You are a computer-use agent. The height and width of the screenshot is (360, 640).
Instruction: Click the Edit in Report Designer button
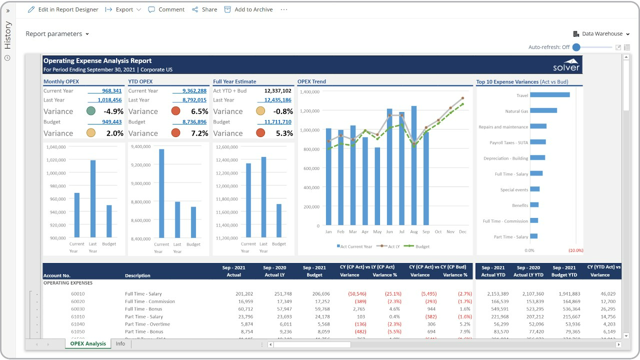[63, 9]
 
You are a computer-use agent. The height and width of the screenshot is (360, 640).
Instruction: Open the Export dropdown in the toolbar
[123, 9]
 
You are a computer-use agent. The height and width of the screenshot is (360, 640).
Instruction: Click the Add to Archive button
[248, 9]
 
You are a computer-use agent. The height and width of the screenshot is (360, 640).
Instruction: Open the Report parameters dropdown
[57, 34]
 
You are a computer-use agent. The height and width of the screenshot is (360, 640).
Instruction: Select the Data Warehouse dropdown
[601, 34]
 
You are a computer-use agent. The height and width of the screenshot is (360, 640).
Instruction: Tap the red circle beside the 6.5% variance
[175, 111]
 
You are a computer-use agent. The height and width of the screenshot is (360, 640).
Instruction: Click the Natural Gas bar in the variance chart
[543, 111]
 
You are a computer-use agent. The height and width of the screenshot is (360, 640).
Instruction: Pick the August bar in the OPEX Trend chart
[414, 165]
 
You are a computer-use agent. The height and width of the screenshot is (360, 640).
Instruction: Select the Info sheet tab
[120, 344]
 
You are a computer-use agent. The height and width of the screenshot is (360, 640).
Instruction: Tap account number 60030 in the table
[78, 309]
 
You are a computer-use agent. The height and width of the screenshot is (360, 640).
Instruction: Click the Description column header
[137, 275]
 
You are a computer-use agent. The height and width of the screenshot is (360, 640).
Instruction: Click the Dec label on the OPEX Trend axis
[462, 232]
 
